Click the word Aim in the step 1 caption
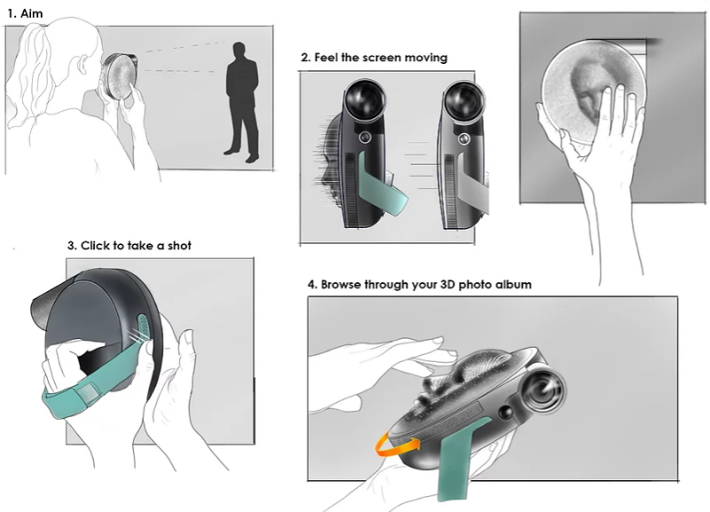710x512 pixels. (x=32, y=13)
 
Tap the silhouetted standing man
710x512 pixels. (x=241, y=102)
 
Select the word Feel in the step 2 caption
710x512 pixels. (x=326, y=58)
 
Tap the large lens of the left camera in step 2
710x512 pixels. (x=365, y=99)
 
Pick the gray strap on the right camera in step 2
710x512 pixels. (x=474, y=185)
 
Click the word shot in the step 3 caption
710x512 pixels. (x=180, y=246)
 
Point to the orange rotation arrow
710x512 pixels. (x=395, y=444)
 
